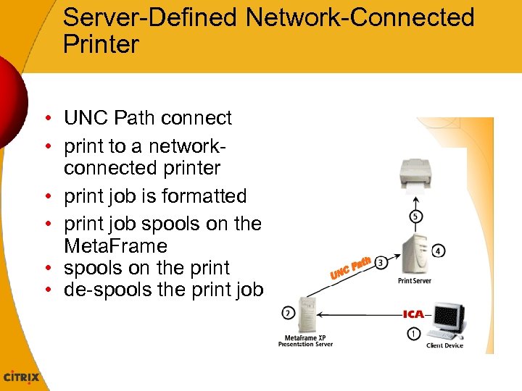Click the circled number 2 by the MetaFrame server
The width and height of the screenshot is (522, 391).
pos(288,313)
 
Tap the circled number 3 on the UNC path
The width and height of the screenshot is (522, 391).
pos(381,261)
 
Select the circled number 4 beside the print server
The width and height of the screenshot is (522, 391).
pos(439,251)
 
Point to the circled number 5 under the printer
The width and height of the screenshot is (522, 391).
pos(414,216)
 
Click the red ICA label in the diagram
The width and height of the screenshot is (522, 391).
pos(413,314)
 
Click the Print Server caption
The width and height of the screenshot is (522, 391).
pos(415,281)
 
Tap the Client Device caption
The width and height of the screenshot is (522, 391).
pos(444,345)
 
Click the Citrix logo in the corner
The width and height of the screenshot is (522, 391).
pos(22,377)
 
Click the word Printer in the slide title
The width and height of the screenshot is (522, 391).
pos(101,44)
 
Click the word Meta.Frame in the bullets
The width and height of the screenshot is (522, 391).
pos(116,246)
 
